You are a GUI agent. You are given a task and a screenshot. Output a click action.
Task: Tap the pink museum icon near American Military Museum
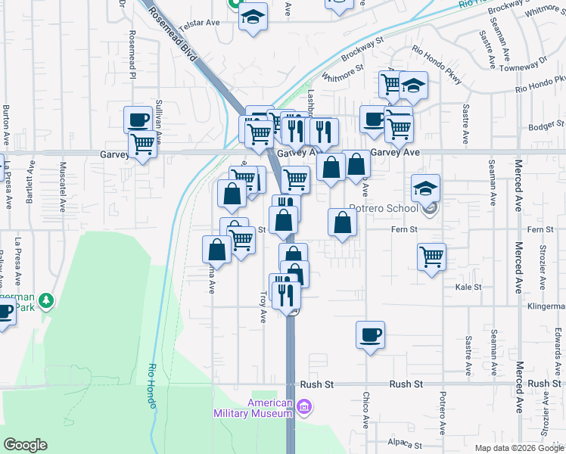(x=304, y=409)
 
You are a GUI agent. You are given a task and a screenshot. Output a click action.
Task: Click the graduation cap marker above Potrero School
(x=426, y=187)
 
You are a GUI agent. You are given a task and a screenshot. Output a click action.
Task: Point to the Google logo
(x=25, y=445)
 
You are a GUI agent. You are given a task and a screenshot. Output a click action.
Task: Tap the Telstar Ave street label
(x=199, y=23)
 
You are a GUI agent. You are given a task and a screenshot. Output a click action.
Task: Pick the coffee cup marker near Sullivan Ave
(x=138, y=119)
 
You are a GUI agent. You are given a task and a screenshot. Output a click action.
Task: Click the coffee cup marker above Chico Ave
(x=370, y=334)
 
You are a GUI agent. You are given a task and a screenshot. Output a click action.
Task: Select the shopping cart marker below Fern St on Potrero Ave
(x=431, y=257)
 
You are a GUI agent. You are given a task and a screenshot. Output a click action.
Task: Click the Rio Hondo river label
(x=152, y=386)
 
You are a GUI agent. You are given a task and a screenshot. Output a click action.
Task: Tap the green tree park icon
(x=46, y=301)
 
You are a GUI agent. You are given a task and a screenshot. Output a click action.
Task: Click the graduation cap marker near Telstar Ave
(x=252, y=16)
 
